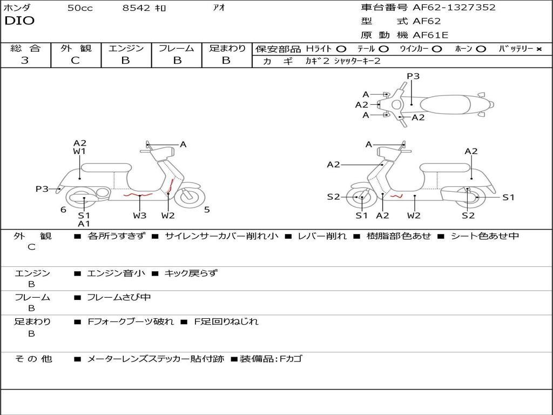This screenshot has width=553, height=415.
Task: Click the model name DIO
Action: [x=19, y=21]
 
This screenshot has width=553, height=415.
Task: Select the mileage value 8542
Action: [x=137, y=8]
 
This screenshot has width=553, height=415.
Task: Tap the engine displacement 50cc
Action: [x=80, y=8]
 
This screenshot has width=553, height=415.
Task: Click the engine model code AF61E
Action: [x=430, y=35]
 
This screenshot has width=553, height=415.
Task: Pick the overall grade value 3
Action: [x=25, y=61]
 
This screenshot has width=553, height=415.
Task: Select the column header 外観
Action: [x=76, y=48]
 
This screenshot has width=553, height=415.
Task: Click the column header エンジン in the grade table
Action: [x=126, y=48]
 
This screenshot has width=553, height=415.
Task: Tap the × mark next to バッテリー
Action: [x=538, y=49]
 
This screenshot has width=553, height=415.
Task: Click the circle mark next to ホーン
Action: [x=481, y=49]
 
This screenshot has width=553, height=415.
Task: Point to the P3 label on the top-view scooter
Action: [x=413, y=76]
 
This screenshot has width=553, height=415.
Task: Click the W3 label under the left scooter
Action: [x=140, y=216]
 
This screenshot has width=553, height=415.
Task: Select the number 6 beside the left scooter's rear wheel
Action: [x=63, y=210]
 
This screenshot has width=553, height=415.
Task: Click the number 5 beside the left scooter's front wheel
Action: [x=207, y=210]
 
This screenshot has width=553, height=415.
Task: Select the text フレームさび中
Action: [x=119, y=297]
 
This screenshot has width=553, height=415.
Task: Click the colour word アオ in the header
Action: [x=219, y=8]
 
